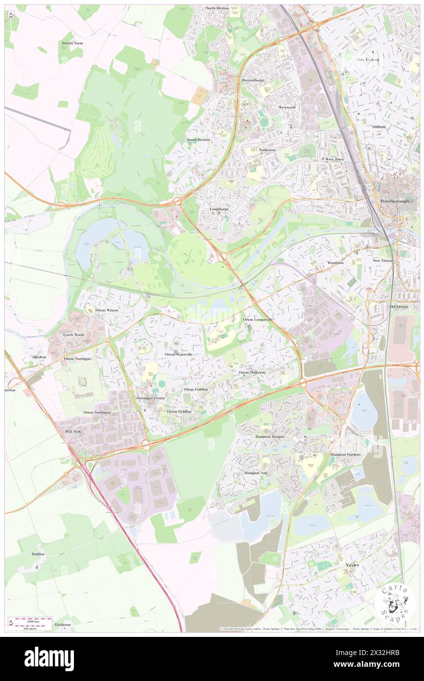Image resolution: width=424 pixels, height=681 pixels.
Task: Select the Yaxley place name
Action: [x=352, y=565]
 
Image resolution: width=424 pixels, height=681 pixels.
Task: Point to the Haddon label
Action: [x=38, y=554]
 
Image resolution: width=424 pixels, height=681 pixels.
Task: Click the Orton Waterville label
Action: [x=178, y=354]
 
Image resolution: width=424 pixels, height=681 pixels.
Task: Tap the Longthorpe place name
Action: [x=219, y=209]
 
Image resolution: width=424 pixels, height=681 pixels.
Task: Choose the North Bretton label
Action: [x=217, y=8]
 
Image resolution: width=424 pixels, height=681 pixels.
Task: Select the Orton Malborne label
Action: [x=252, y=372]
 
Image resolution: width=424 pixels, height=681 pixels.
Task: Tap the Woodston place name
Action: [x=335, y=263]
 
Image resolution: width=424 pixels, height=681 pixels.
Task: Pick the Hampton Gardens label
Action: [x=346, y=455]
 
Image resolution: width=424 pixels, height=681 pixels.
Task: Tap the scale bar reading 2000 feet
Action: [x=32, y=620]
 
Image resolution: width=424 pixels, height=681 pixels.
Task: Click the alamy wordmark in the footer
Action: [x=49, y=659]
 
